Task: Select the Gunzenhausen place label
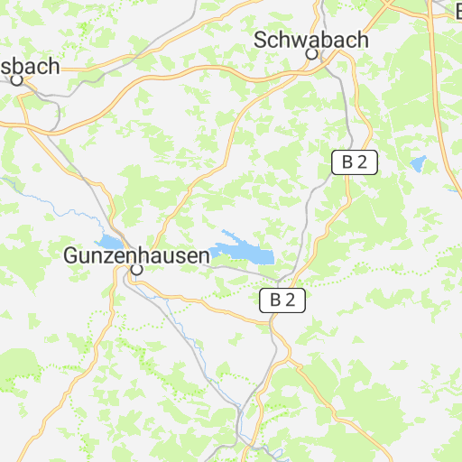pos(136,255)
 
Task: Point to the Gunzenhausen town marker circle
pos(136,269)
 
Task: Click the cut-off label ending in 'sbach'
pos(31,66)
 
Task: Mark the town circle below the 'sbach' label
pos(16,79)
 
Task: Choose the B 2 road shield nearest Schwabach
pos(355,162)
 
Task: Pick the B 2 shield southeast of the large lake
pos(282,300)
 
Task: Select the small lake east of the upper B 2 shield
pos(418,164)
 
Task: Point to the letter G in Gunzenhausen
pos(70,255)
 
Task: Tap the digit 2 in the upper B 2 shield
pos(362,162)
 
